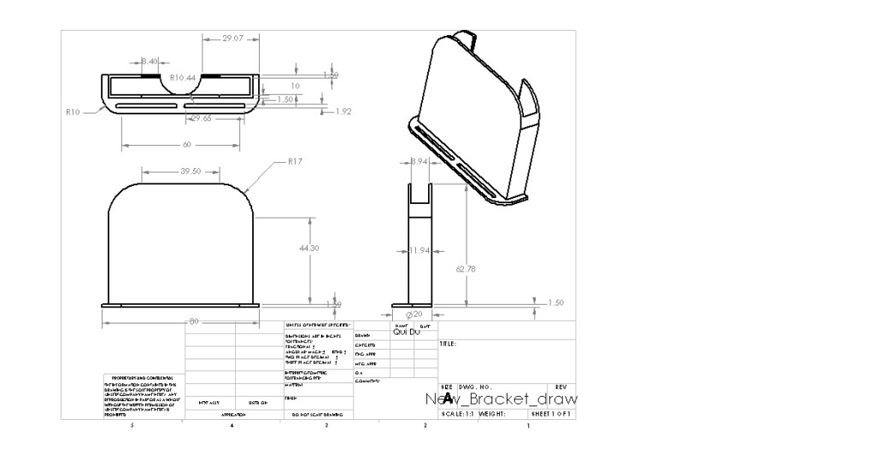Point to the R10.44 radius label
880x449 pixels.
click(184, 77)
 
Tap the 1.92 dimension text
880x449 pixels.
click(343, 111)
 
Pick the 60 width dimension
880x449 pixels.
click(187, 144)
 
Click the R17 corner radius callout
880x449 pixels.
click(296, 160)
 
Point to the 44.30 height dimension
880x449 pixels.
click(309, 248)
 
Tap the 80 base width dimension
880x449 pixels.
click(193, 322)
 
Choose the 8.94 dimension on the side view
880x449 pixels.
click(419, 161)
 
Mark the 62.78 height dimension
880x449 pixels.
click(466, 269)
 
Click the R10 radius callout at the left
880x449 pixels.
click(73, 111)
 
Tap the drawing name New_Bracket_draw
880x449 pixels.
click(501, 399)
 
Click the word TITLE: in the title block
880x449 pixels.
click(448, 344)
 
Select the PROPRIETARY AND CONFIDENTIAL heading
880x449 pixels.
click(143, 377)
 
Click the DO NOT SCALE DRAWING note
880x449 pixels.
click(317, 414)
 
